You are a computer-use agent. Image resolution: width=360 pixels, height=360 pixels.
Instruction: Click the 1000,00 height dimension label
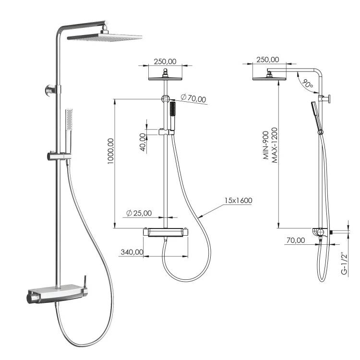pyautogui.click(x=111, y=151)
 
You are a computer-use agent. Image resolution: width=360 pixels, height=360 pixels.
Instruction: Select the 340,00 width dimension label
pyautogui.click(x=132, y=252)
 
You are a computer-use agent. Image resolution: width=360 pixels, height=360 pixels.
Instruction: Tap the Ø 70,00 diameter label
pyautogui.click(x=193, y=98)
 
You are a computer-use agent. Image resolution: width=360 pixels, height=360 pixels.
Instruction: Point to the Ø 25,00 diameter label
pyautogui.click(x=139, y=213)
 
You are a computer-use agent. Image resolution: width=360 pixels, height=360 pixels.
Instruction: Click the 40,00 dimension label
pyautogui.click(x=143, y=143)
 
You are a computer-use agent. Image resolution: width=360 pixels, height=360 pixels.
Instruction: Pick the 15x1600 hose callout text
pyautogui.click(x=238, y=201)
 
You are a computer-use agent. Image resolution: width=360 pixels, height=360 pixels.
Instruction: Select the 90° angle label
pyautogui.click(x=308, y=84)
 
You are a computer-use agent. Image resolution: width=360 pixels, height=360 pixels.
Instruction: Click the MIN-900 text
pyautogui.click(x=265, y=145)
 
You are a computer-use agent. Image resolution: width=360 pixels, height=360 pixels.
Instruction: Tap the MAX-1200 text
pyautogui.click(x=275, y=145)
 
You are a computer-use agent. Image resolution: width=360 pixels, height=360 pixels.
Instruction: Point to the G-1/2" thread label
pyautogui.click(x=344, y=264)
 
